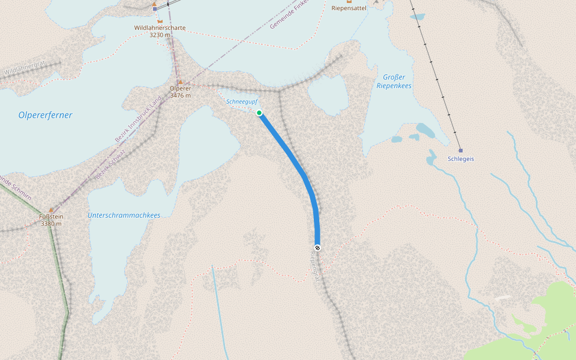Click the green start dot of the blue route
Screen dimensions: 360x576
(x=259, y=113)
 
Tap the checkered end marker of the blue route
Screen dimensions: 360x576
(x=317, y=248)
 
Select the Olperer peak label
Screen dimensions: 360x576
(x=180, y=88)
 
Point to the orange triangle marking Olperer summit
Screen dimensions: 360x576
(x=179, y=81)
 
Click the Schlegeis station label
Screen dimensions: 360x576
(x=461, y=159)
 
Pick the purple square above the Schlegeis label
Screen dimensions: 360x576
(x=460, y=150)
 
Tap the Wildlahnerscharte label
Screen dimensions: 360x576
(x=160, y=28)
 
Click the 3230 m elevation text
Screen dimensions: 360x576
(x=160, y=35)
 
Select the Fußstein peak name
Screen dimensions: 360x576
(x=52, y=217)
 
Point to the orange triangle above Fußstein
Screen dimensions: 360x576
(x=51, y=209)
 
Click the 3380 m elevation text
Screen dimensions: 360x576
(x=52, y=224)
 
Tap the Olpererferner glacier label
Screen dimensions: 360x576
(x=45, y=115)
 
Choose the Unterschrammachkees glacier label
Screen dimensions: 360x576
(x=124, y=215)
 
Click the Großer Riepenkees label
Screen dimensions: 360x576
(x=394, y=82)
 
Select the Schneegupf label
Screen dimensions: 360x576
(x=242, y=102)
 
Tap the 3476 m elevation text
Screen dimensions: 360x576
(x=180, y=95)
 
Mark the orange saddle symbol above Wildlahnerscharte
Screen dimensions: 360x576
(x=160, y=20)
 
